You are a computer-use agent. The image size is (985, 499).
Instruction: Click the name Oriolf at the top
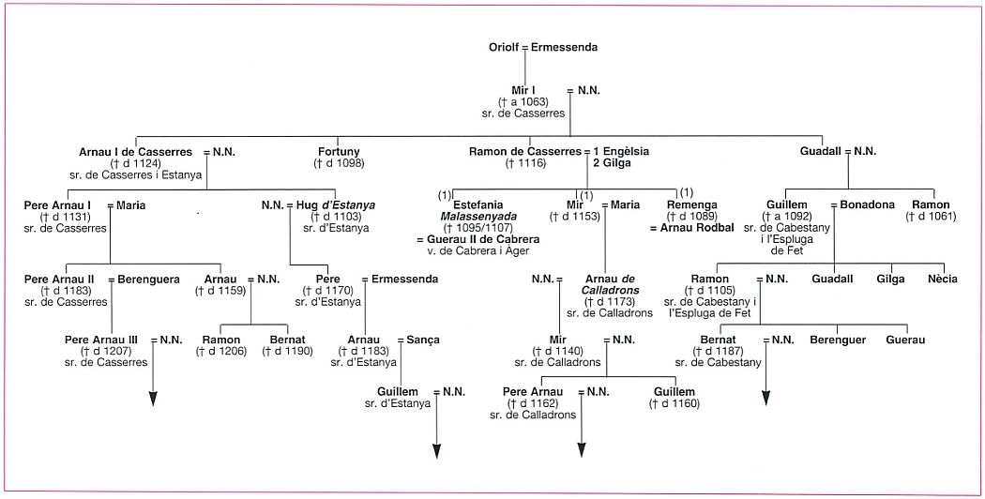pyautogui.click(x=505, y=47)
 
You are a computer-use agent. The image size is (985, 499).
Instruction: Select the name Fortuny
pyautogui.click(x=339, y=151)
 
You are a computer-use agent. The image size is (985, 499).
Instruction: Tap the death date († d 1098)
pyautogui.click(x=339, y=163)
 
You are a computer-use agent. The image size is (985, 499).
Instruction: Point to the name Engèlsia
pyautogui.click(x=626, y=151)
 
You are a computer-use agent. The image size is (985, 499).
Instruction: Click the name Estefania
pyautogui.click(x=478, y=204)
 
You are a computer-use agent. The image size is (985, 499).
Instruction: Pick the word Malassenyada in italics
pyautogui.click(x=478, y=216)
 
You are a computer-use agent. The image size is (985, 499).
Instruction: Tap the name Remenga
pyautogui.click(x=691, y=204)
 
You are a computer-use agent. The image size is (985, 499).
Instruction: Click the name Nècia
pyautogui.click(x=943, y=279)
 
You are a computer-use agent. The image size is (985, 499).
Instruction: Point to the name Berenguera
pyautogui.click(x=149, y=279)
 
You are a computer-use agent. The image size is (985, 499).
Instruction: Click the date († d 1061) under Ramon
pyautogui.click(x=931, y=216)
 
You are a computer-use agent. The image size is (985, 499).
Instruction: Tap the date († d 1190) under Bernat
pyautogui.click(x=287, y=352)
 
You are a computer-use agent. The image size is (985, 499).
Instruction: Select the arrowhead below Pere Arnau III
pyautogui.click(x=153, y=399)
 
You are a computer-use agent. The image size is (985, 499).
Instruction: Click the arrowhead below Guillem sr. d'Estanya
pyautogui.click(x=436, y=451)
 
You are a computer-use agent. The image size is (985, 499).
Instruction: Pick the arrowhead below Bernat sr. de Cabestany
pyautogui.click(x=765, y=398)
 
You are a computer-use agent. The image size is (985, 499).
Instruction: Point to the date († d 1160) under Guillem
pyautogui.click(x=674, y=403)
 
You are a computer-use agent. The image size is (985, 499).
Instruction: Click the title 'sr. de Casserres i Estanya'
pyautogui.click(x=136, y=174)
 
